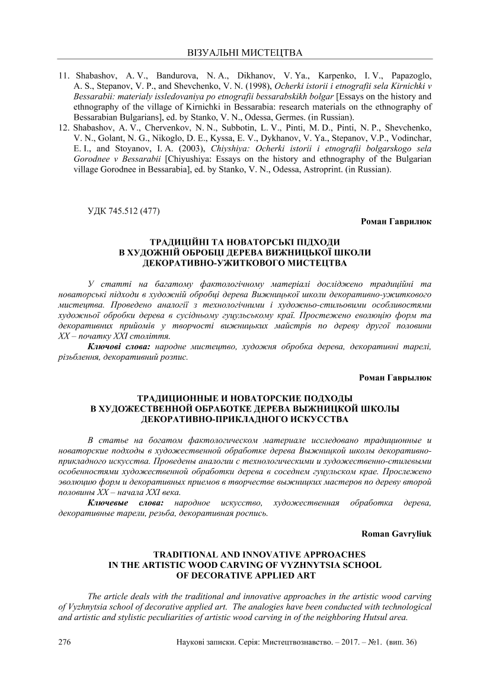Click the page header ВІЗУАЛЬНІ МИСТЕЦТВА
click(x=245, y=53)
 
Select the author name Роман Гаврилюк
click(x=396, y=221)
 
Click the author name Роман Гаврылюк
click(x=395, y=377)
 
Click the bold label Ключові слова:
click(x=116, y=346)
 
